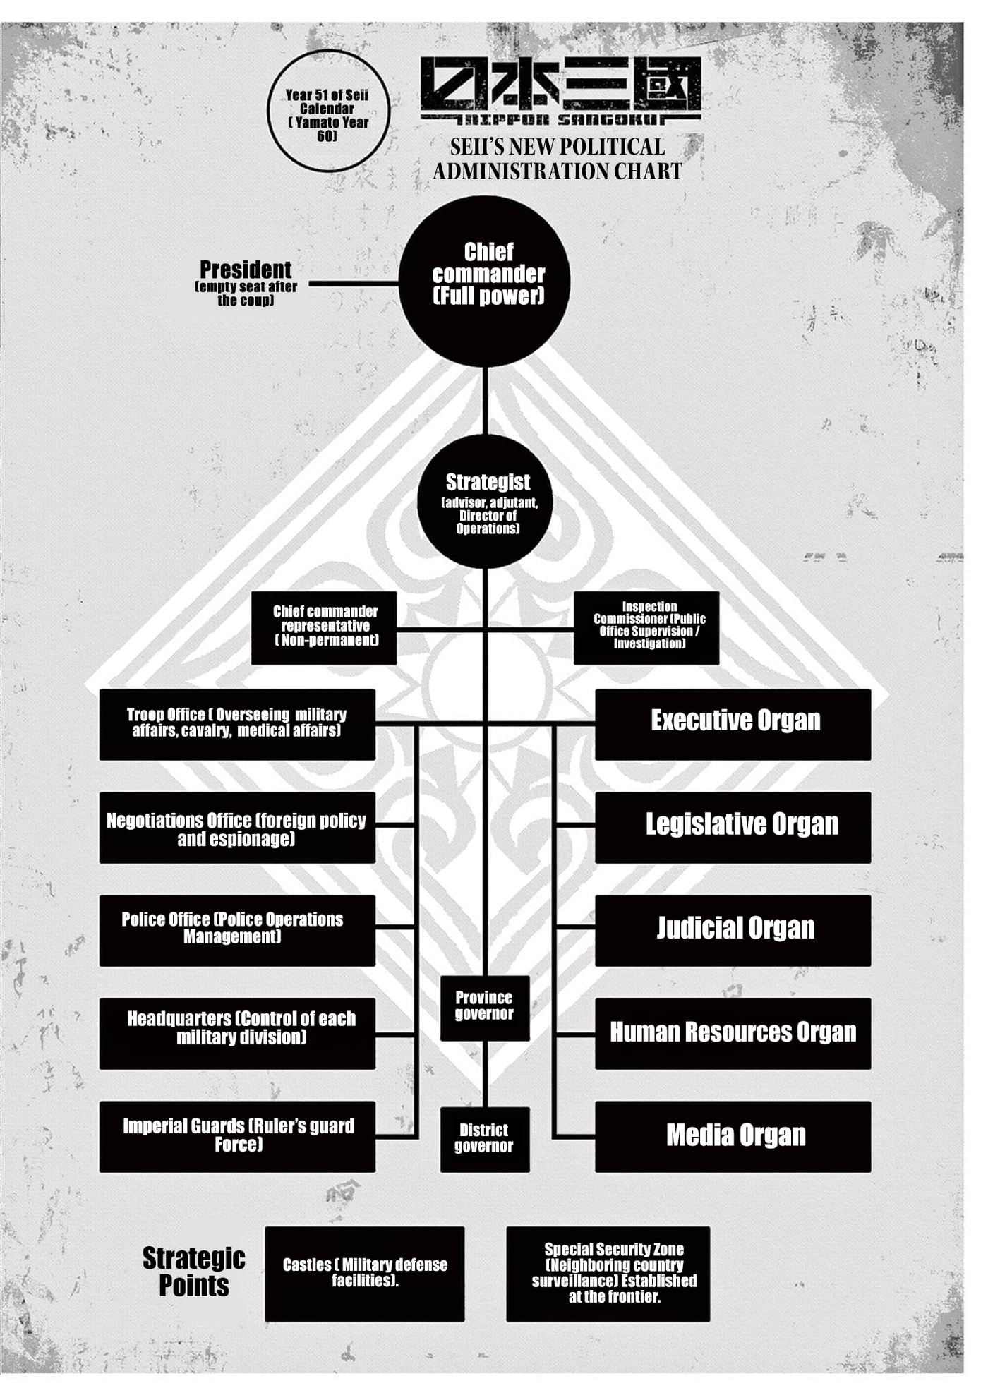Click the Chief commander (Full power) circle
click(x=485, y=282)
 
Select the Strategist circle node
click(x=485, y=502)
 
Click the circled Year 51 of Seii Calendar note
click(x=328, y=111)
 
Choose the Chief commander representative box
click(x=324, y=628)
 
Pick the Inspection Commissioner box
click(x=646, y=628)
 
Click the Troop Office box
click(x=237, y=725)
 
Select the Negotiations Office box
click(x=237, y=828)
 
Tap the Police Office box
click(x=237, y=931)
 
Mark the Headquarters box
click(x=237, y=1034)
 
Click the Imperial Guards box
click(x=237, y=1137)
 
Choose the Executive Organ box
click(x=733, y=725)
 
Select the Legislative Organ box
click(x=733, y=828)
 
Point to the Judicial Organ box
click(x=733, y=931)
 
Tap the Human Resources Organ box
click(x=733, y=1034)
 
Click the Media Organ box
click(x=733, y=1137)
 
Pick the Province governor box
click(x=485, y=1008)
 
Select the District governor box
click(x=485, y=1140)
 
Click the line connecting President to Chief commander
click(x=354, y=284)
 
